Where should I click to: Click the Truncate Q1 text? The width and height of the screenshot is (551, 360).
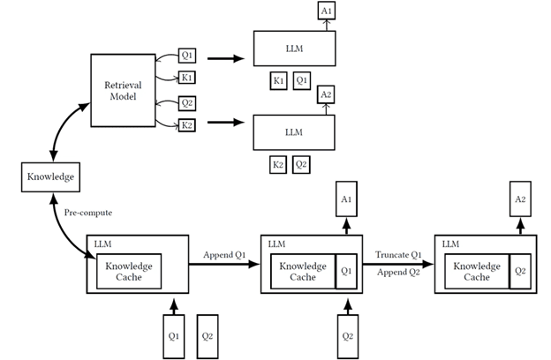click(x=398, y=255)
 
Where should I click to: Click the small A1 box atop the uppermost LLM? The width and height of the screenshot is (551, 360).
click(x=327, y=11)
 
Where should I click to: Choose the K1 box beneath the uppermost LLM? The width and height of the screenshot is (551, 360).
click(x=278, y=81)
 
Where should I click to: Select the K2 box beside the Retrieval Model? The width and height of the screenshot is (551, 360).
click(x=187, y=124)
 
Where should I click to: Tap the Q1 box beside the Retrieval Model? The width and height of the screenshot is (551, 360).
click(x=187, y=54)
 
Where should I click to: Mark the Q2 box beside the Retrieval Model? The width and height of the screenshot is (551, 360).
click(x=187, y=102)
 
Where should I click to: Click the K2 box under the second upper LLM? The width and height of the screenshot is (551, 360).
click(x=278, y=164)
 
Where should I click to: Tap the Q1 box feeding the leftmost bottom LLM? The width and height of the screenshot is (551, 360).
click(x=173, y=336)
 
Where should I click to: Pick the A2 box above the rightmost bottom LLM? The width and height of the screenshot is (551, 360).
click(x=521, y=200)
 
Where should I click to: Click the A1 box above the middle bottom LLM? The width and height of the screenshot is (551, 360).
click(x=346, y=200)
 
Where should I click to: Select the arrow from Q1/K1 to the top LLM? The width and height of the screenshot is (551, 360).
click(x=226, y=59)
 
